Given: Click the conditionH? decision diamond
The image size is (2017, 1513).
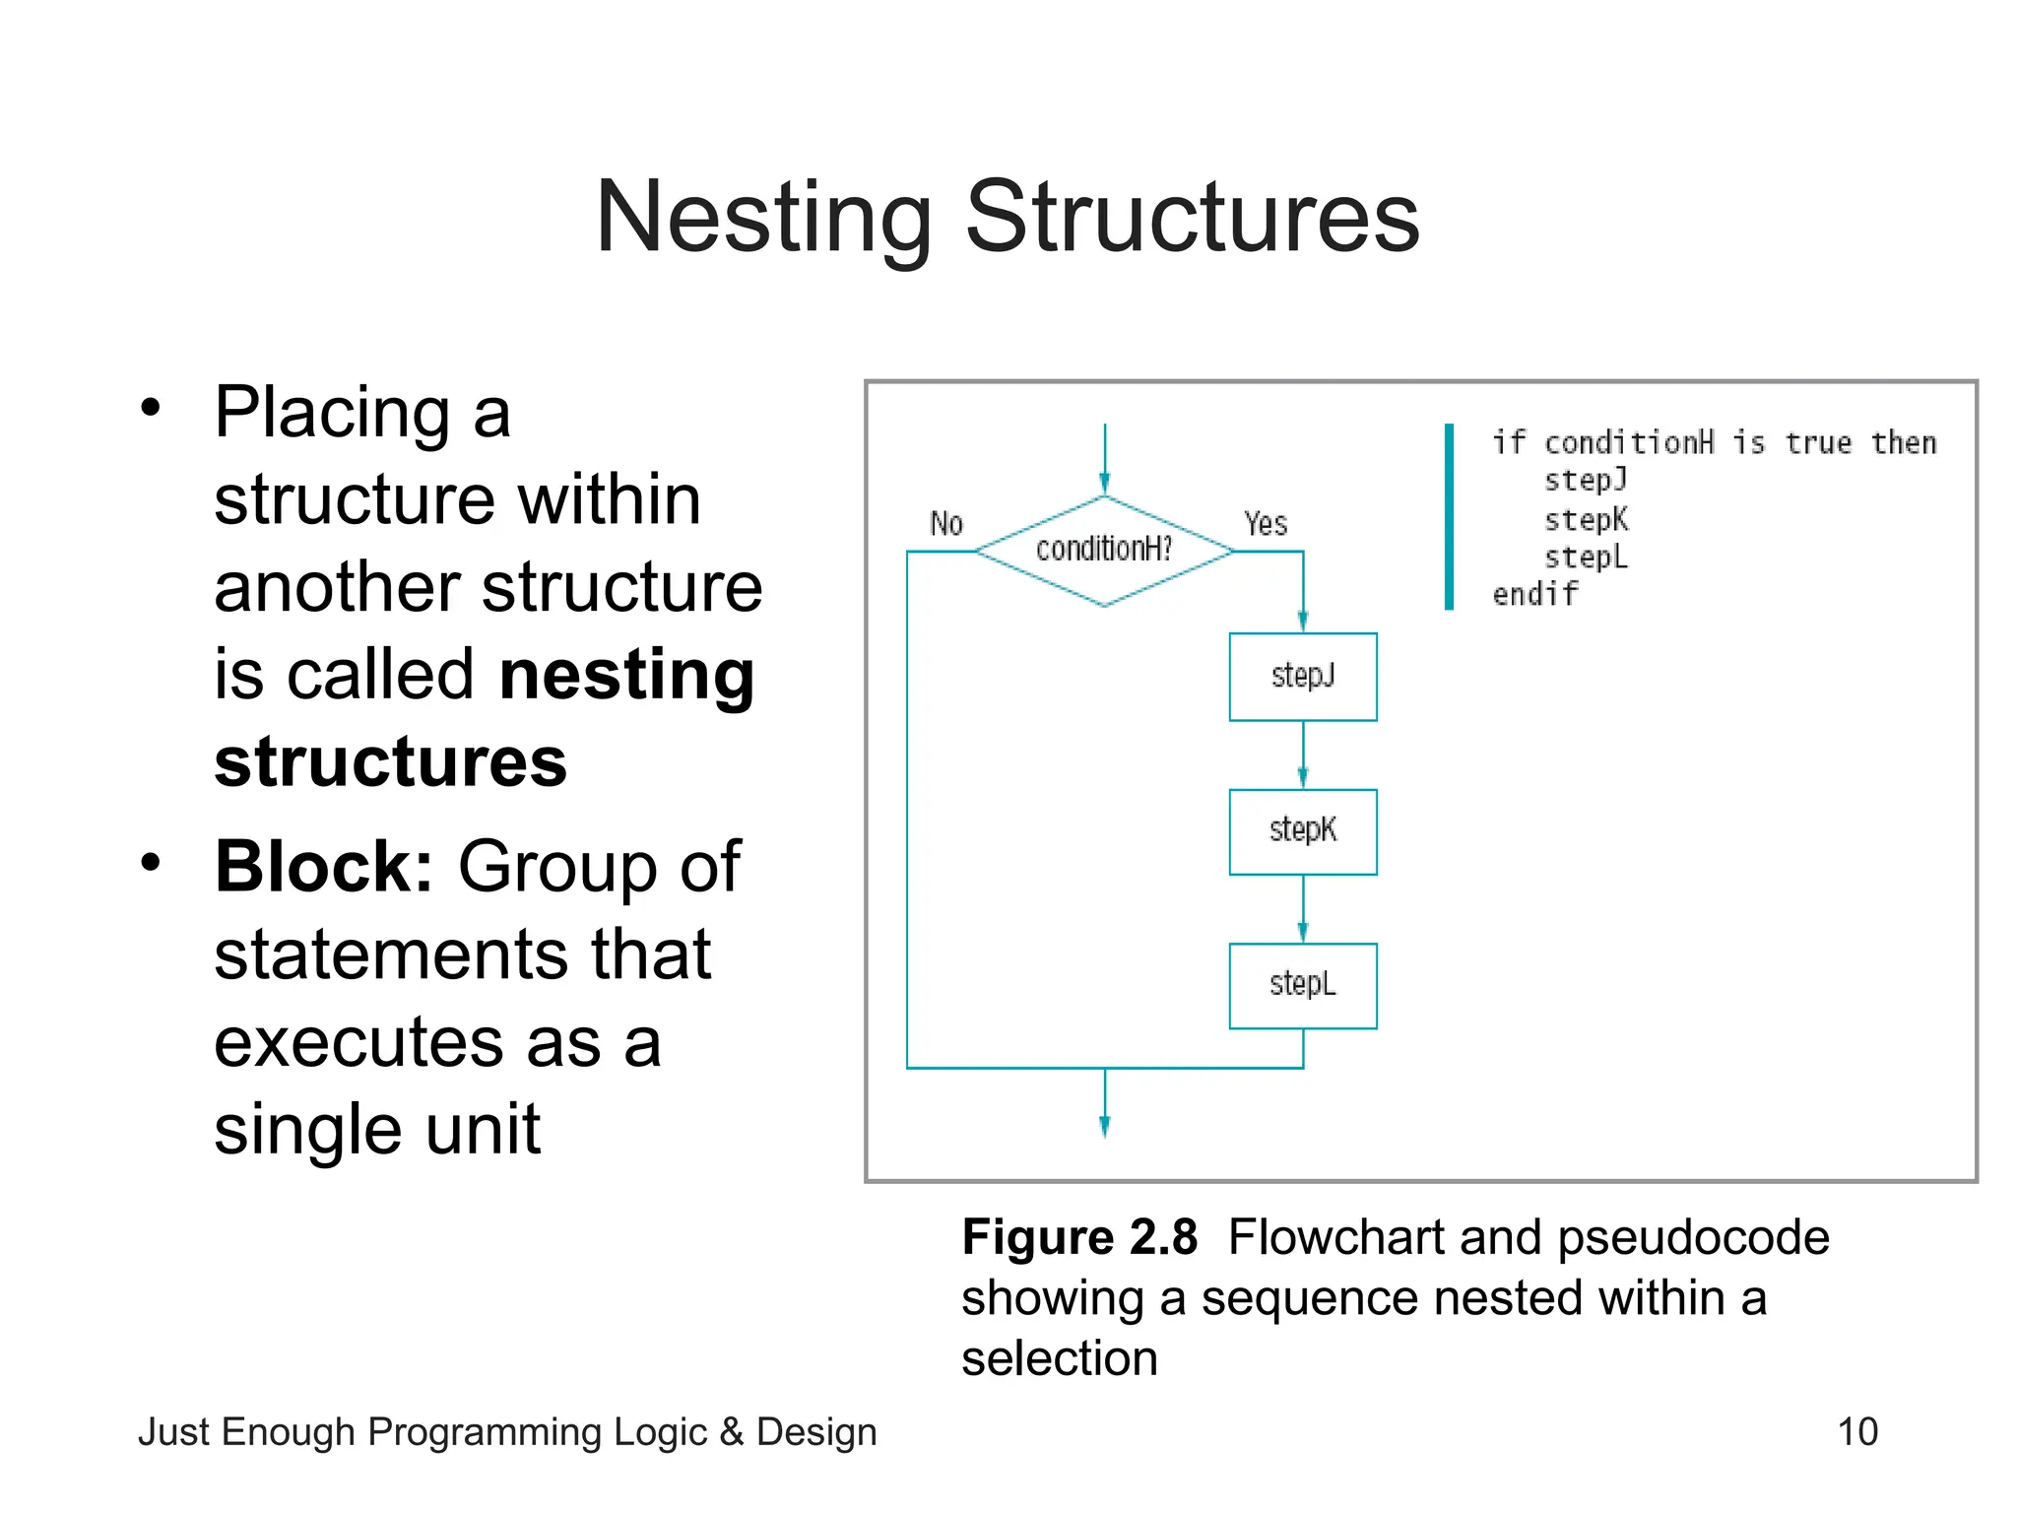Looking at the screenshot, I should coord(1104,551).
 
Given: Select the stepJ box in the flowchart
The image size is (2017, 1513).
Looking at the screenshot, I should coord(1302,677).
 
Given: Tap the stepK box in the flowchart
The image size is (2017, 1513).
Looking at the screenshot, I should coord(1302,831).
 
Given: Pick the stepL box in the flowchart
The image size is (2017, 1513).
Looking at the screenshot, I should coord(1302,985).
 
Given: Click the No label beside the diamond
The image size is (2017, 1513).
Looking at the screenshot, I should coord(945,523).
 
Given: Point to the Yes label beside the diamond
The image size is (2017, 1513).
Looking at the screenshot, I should coord(1265,523).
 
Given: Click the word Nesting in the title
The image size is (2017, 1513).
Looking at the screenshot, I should coord(763,219).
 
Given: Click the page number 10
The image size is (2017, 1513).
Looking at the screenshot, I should coord(1857,1431).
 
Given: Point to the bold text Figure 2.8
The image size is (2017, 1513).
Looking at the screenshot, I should coord(1079,1237).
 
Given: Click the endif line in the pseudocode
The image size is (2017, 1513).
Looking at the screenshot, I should coord(1534,595).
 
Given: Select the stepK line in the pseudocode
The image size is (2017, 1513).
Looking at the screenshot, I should coord(1586,519).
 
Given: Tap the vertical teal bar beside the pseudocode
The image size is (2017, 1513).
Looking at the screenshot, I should coord(1449,516).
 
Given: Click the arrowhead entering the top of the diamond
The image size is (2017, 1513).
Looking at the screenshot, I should coord(1104,484).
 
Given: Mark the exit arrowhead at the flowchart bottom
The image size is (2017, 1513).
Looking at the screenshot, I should coord(1104,1127).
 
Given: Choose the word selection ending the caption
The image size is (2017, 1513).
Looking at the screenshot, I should coord(1059,1359).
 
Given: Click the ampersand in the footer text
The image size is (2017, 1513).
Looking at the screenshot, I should coord(731,1432).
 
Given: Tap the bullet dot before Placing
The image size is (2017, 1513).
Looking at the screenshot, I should coord(150,407).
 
